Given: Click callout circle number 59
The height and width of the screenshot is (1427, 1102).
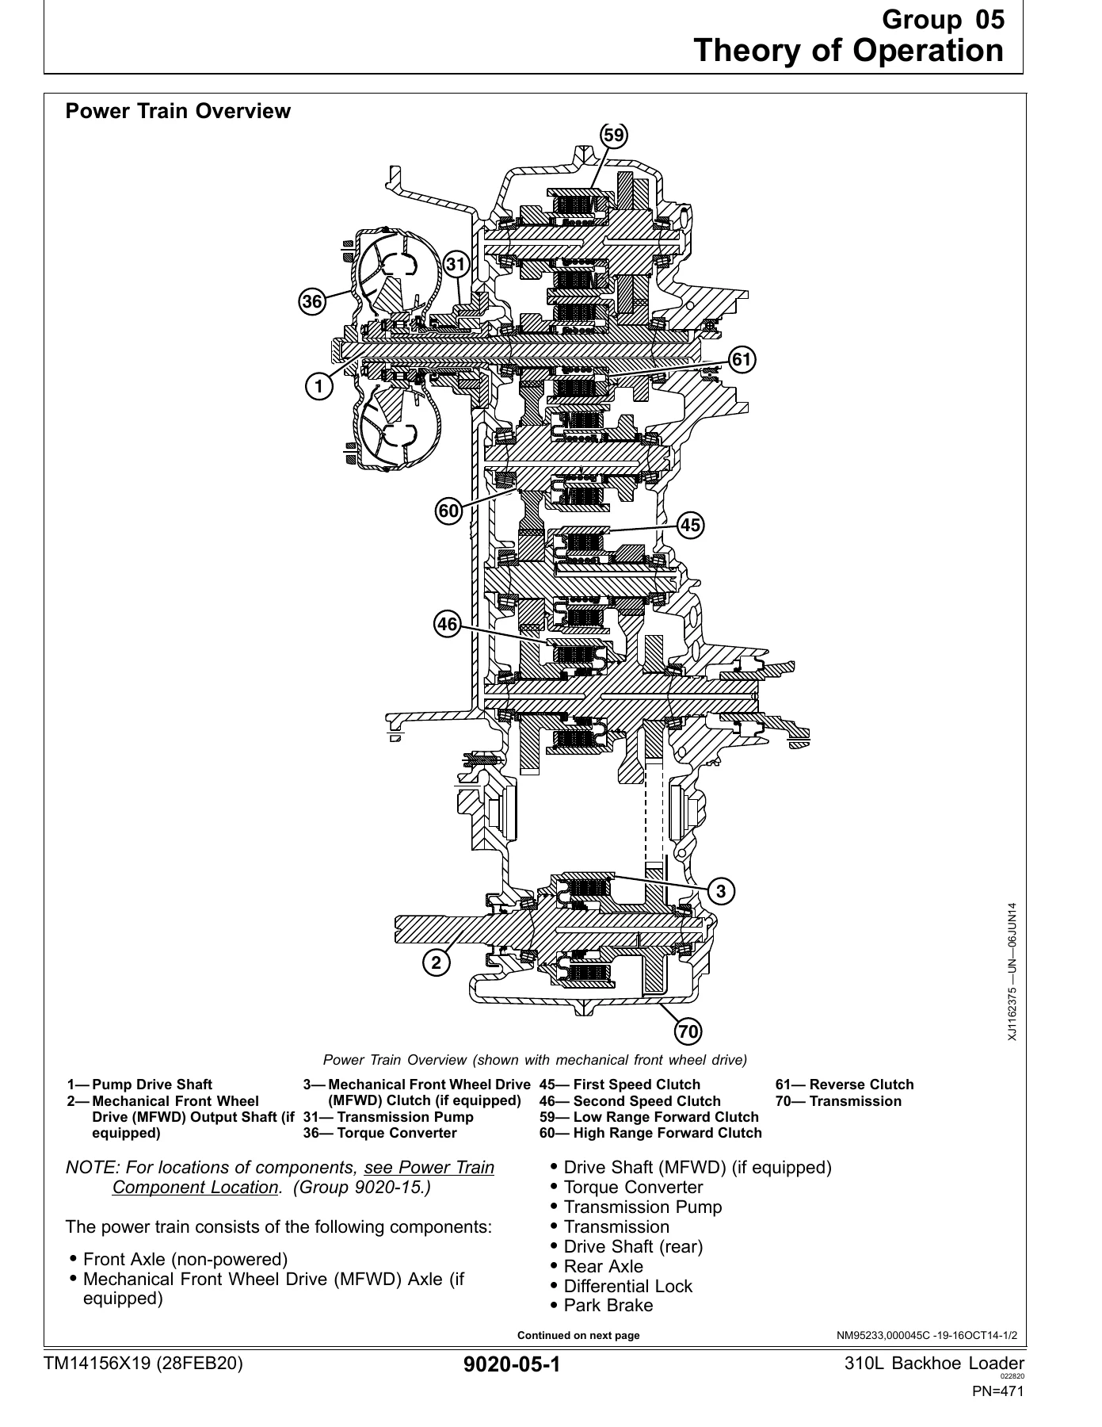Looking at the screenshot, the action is (x=613, y=136).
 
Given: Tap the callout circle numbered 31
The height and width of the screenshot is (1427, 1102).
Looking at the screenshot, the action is (x=456, y=265).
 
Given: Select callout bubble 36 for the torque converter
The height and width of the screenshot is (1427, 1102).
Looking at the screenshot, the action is (x=312, y=302).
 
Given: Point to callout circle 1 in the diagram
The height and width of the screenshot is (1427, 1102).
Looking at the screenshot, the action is (x=318, y=387).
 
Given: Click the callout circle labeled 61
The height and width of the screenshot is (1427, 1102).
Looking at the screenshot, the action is (x=741, y=360).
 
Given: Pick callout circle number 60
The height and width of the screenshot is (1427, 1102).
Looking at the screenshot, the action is (x=448, y=511).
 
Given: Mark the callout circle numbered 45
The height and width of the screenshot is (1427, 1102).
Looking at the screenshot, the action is (x=690, y=525).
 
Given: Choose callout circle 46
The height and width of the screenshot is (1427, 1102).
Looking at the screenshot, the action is (x=447, y=625).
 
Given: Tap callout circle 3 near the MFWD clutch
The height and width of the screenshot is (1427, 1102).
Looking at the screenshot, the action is (x=720, y=891).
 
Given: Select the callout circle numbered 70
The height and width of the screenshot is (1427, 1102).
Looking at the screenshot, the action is (x=688, y=1031).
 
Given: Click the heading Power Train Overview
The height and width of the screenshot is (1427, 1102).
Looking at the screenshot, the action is (x=178, y=112).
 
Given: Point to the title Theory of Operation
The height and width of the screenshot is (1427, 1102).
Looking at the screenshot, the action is (x=849, y=51).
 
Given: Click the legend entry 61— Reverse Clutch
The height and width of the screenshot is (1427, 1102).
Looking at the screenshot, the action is (x=845, y=1085).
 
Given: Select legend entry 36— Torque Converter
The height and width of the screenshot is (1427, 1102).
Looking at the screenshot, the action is (x=380, y=1133).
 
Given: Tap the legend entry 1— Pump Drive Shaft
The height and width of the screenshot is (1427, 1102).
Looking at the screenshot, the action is (x=139, y=1085).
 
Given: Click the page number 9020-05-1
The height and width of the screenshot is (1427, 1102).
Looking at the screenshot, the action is (x=512, y=1365).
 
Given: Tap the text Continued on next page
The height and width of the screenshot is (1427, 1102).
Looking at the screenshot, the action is (x=578, y=1335).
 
